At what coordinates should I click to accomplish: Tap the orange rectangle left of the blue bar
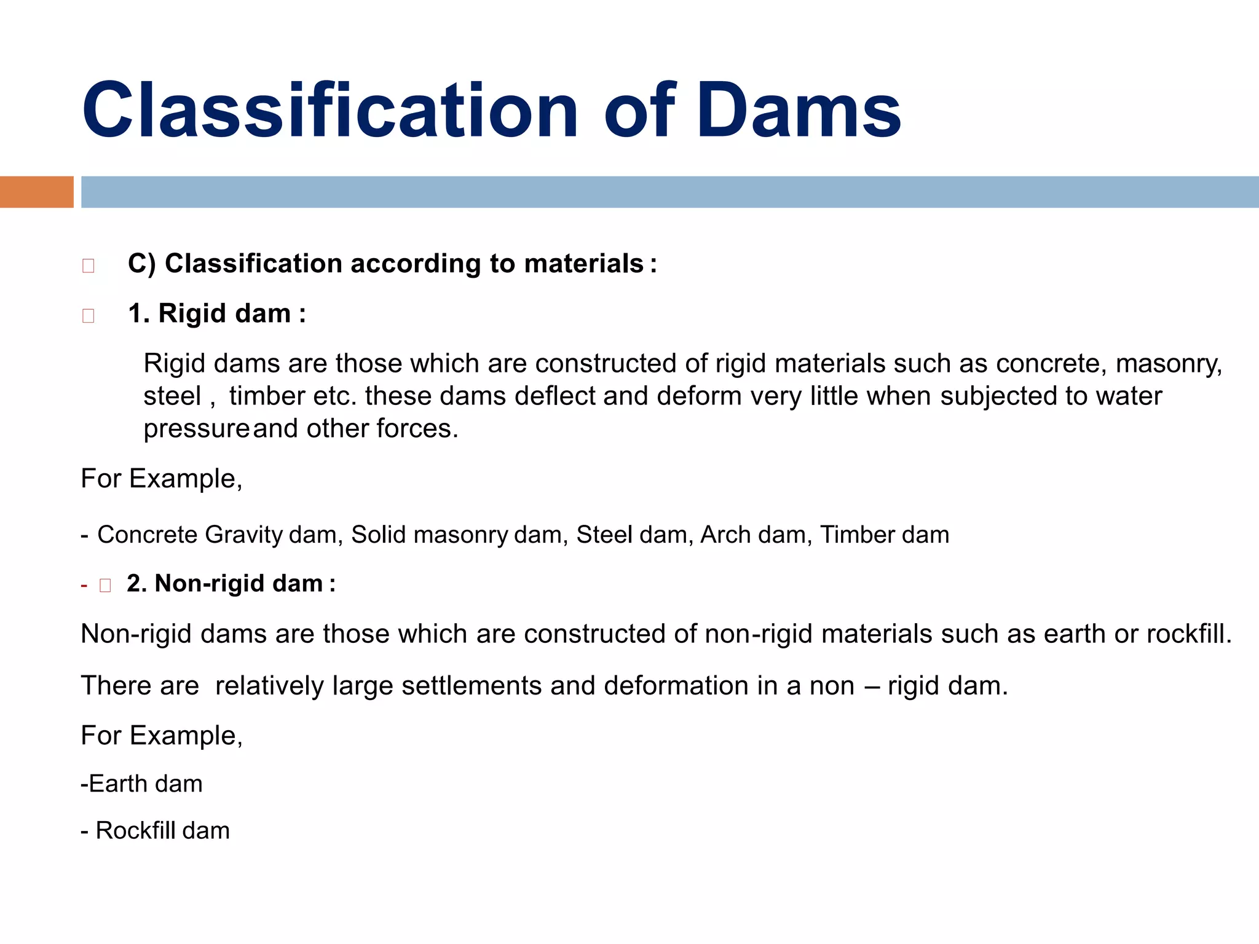[x=36, y=192]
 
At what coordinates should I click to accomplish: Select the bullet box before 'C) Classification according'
[x=88, y=265]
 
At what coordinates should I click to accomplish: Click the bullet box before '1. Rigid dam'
[x=88, y=315]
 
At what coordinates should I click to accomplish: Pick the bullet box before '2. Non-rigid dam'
[x=105, y=585]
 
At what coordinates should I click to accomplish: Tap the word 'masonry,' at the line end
[x=1169, y=364]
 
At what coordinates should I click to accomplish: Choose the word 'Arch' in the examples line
[x=720, y=535]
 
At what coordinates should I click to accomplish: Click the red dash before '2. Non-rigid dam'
[x=84, y=585]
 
